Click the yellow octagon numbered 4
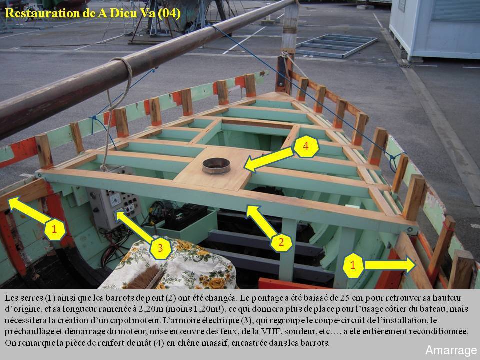click(306, 146)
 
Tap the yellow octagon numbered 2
click(281, 243)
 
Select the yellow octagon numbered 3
click(160, 248)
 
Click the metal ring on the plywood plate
click(216, 166)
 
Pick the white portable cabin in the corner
click(434, 29)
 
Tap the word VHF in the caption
click(268, 332)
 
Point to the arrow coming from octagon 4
click(269, 159)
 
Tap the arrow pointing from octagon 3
click(134, 226)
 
